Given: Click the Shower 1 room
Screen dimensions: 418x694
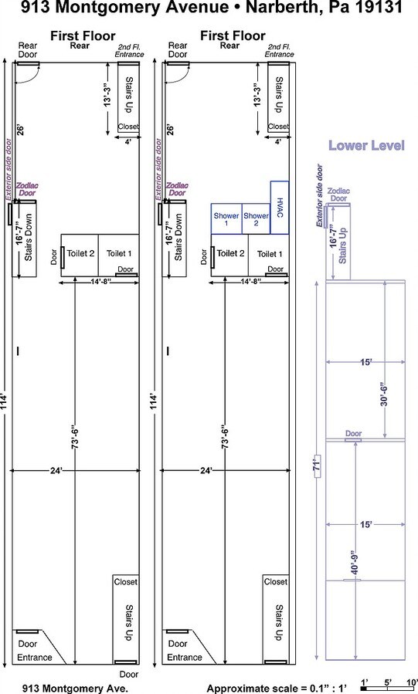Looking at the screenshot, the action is (x=226, y=218).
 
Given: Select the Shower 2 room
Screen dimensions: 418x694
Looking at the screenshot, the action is (x=256, y=218).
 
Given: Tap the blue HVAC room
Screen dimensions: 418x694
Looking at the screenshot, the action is (x=280, y=207).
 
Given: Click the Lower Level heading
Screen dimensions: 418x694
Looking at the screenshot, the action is (x=366, y=145).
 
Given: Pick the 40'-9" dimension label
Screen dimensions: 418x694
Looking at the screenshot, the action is (x=354, y=562).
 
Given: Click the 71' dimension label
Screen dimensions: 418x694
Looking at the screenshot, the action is (x=317, y=465).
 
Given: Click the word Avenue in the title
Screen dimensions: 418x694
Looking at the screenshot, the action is (x=195, y=7).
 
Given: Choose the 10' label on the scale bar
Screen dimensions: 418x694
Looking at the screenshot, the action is (x=412, y=682).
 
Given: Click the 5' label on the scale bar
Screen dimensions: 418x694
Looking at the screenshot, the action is (x=388, y=682).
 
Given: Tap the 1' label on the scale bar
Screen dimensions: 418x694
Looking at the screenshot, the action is (x=365, y=682).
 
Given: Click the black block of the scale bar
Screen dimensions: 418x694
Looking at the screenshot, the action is (x=364, y=689).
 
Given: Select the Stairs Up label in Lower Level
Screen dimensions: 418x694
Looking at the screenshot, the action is (x=342, y=245).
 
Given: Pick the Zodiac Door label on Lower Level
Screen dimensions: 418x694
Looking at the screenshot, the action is (x=338, y=195).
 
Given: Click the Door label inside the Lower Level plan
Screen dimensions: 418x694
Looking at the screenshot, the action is (x=353, y=433).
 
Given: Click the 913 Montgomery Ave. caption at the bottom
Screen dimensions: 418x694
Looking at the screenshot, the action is (x=75, y=689).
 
